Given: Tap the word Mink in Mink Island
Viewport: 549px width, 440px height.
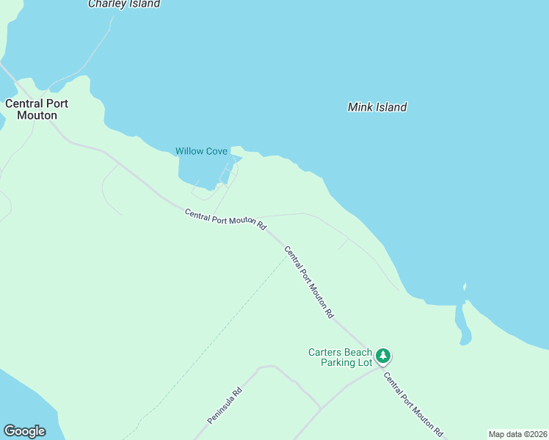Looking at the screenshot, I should (x=360, y=107).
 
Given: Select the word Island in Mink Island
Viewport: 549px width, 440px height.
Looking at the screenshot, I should (x=392, y=107).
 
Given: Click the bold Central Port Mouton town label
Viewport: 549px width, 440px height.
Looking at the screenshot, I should (x=37, y=109).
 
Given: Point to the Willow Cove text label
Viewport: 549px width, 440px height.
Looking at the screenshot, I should (x=201, y=151).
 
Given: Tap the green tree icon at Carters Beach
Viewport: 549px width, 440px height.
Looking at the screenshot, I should (x=382, y=356).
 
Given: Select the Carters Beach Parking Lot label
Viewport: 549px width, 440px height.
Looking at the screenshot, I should (x=340, y=357).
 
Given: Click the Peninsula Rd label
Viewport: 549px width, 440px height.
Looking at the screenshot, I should (x=225, y=405).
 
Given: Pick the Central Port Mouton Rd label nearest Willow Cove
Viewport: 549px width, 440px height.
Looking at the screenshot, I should (x=225, y=219).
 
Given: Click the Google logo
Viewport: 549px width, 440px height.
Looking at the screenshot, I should (x=24, y=431).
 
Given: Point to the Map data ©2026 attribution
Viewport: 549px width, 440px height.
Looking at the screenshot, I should (x=517, y=433).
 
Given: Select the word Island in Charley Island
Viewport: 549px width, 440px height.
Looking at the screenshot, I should (x=142, y=4).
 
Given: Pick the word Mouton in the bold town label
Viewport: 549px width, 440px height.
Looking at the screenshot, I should (x=37, y=115).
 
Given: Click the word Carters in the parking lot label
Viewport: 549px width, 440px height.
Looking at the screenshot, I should (x=325, y=352).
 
